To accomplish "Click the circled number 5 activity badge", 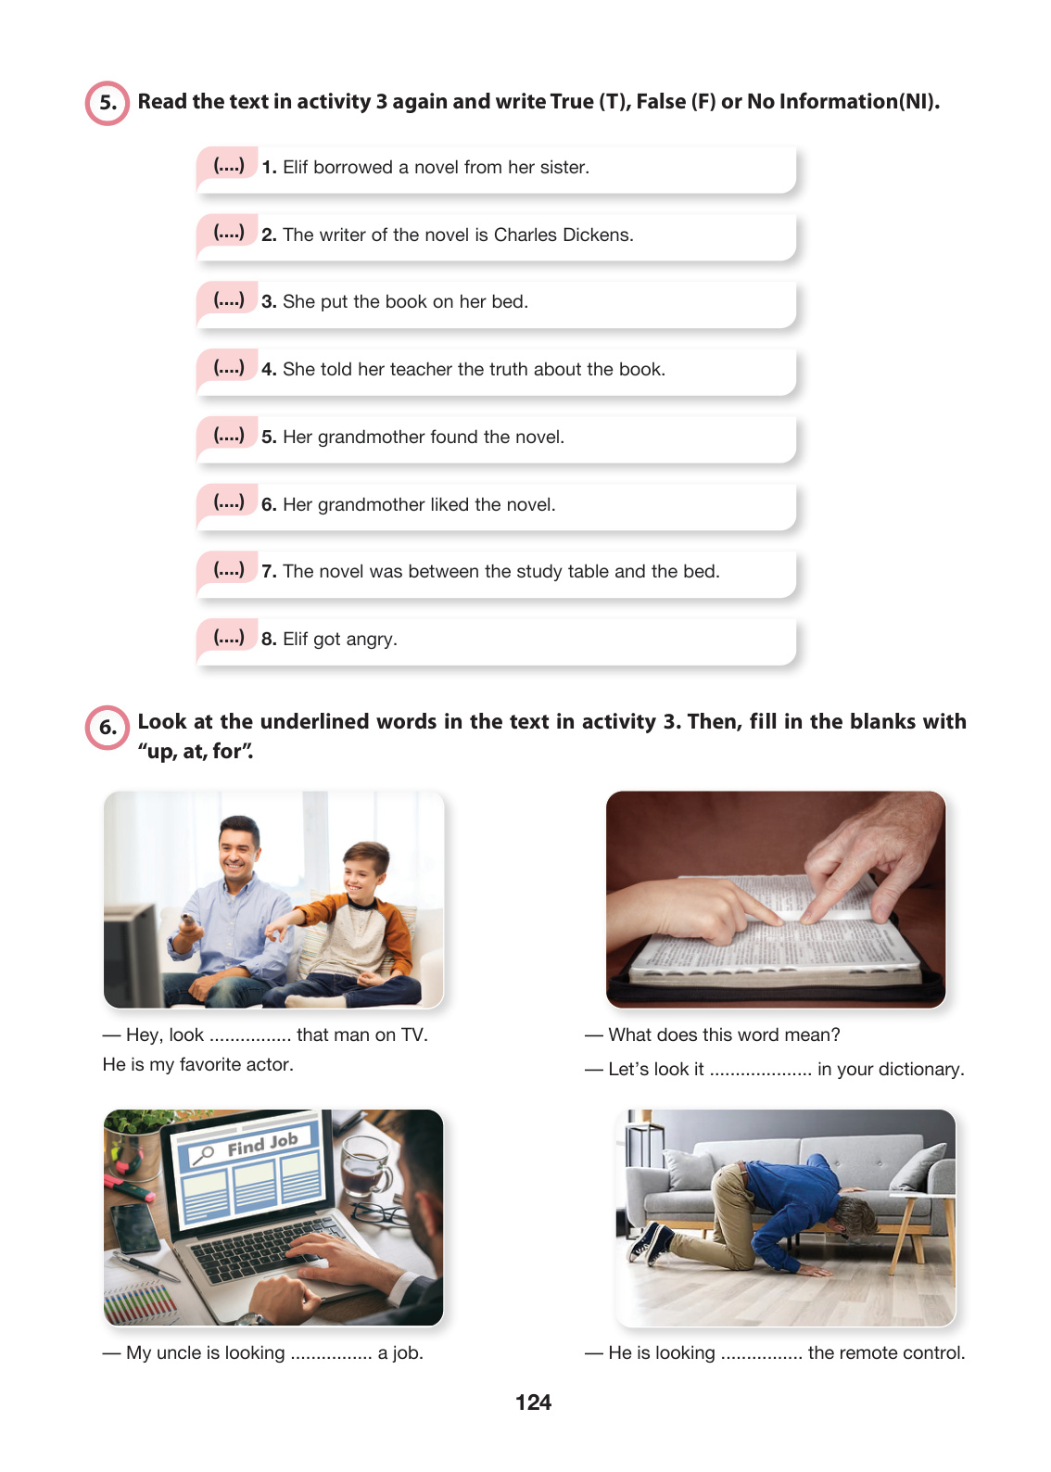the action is pyautogui.click(x=108, y=103).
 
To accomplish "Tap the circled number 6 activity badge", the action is pyautogui.click(x=108, y=728).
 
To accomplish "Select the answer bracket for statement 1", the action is pyautogui.click(x=229, y=166).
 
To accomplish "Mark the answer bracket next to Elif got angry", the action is pyautogui.click(x=229, y=638).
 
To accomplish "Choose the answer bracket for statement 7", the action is pyautogui.click(x=229, y=570).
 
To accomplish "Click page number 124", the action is pyautogui.click(x=533, y=1402).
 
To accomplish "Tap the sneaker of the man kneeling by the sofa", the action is pyautogui.click(x=651, y=1241).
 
